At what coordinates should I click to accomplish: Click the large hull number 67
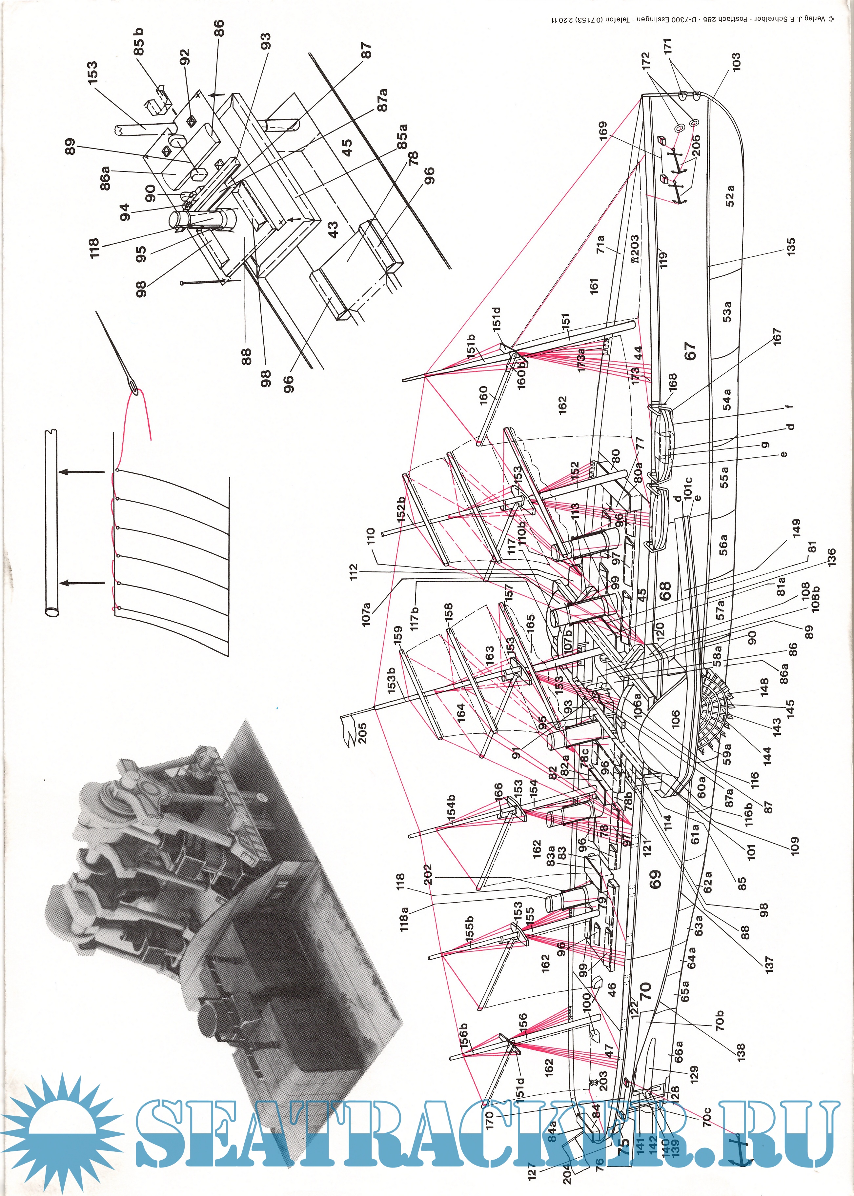coord(690,351)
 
